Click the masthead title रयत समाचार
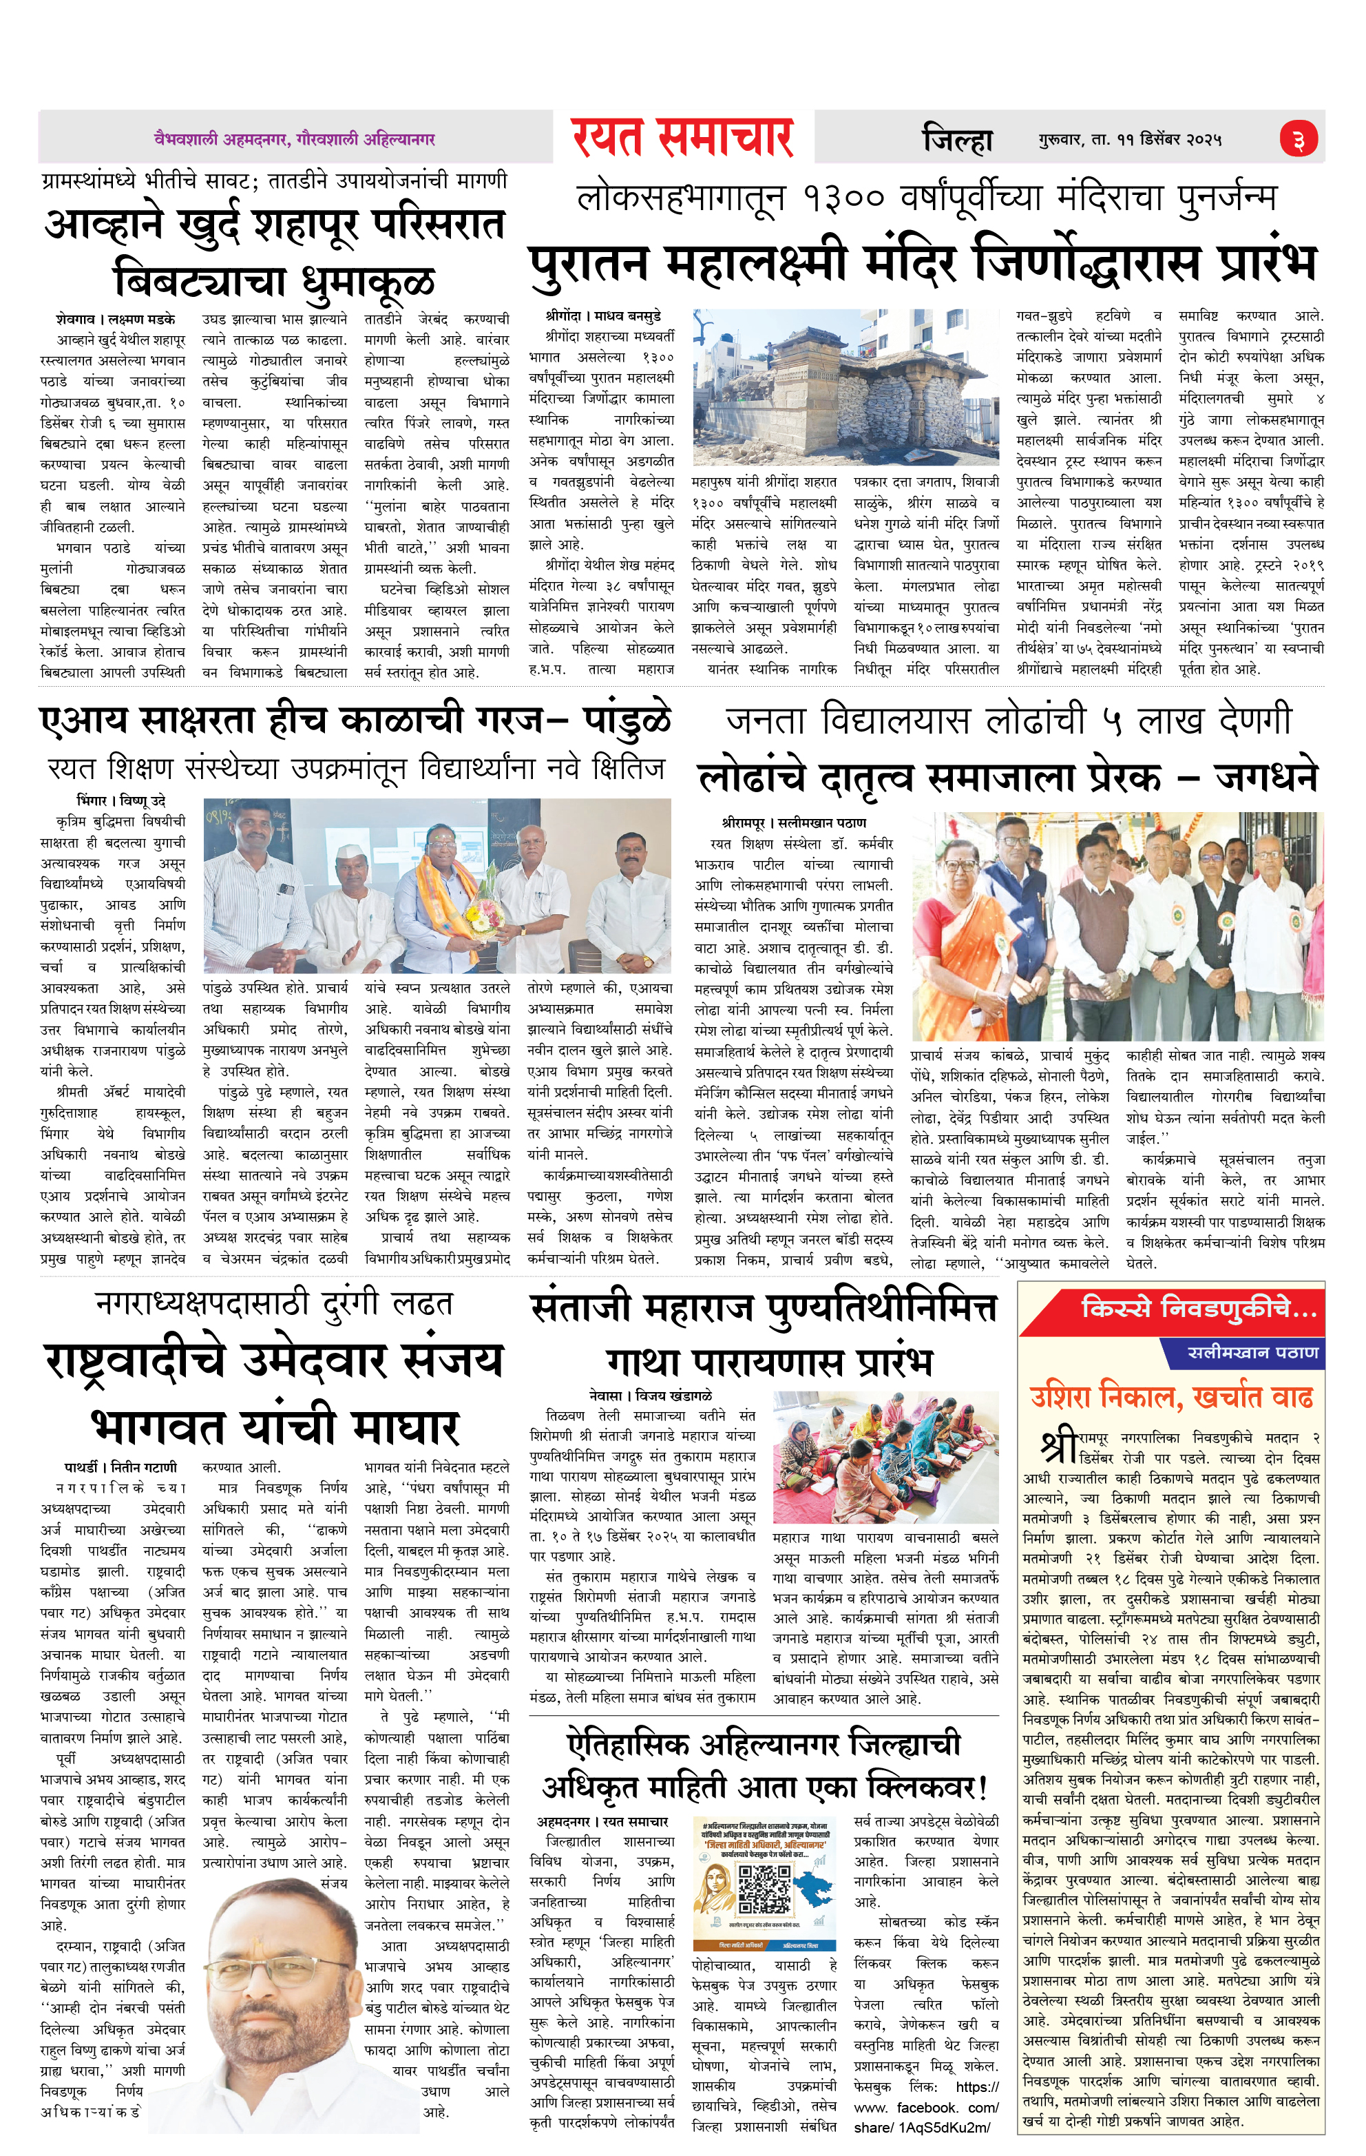point(682,138)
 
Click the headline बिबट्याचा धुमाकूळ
point(275,280)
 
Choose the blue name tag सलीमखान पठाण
point(1252,1352)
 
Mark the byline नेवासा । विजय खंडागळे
point(651,1396)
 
